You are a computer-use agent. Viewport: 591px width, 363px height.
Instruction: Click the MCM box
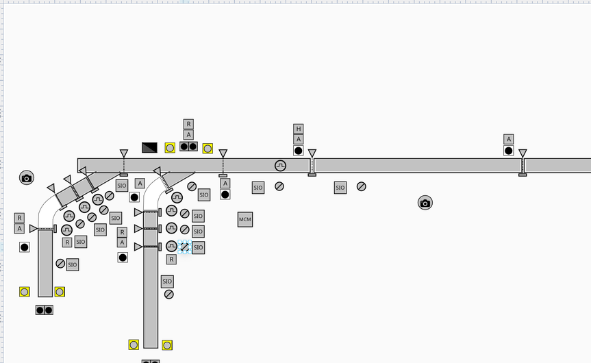click(x=245, y=220)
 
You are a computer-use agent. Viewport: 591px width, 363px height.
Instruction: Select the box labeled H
click(x=298, y=129)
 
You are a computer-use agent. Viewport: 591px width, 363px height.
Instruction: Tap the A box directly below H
click(x=298, y=139)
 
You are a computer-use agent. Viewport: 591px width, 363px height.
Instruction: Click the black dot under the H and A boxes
click(x=298, y=151)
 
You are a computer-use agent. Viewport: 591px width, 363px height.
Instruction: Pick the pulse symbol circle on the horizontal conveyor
click(x=280, y=165)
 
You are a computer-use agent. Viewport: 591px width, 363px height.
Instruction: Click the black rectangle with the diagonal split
click(x=149, y=147)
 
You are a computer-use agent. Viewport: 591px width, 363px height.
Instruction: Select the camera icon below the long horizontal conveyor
click(x=425, y=203)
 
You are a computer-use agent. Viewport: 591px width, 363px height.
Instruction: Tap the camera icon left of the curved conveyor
click(x=27, y=178)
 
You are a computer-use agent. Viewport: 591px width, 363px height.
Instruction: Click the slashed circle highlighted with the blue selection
click(x=184, y=247)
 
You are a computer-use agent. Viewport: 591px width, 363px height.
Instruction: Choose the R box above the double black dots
click(x=188, y=124)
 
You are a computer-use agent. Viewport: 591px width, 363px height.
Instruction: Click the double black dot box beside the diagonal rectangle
click(x=188, y=147)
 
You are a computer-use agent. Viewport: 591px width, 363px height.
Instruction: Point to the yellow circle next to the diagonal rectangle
click(x=170, y=148)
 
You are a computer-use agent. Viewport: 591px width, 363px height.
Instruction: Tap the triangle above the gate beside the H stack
click(x=312, y=153)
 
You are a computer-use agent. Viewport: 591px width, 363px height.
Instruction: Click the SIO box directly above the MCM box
click(x=257, y=188)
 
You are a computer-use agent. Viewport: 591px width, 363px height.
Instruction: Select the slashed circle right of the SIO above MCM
click(x=279, y=186)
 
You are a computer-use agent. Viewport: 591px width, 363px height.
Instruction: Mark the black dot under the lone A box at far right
click(x=508, y=151)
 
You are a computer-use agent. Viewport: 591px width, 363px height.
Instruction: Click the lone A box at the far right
click(x=508, y=139)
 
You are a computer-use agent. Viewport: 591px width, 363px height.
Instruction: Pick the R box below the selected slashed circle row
click(x=171, y=260)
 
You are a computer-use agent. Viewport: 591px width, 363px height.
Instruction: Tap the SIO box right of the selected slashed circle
click(x=199, y=247)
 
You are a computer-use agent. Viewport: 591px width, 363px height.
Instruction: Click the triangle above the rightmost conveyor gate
click(x=523, y=153)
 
